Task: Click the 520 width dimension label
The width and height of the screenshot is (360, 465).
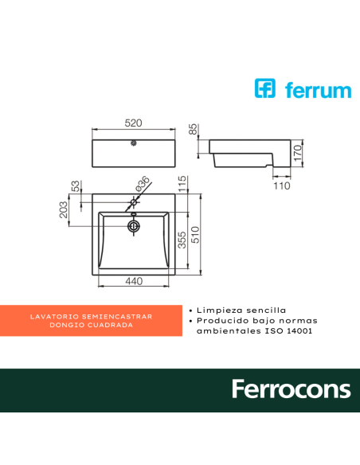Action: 133,123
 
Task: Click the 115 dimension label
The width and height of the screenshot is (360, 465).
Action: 182,184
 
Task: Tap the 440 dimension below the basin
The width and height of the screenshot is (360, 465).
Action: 132,281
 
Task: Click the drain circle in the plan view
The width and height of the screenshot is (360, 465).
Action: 133,227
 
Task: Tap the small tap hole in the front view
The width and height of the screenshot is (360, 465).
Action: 133,145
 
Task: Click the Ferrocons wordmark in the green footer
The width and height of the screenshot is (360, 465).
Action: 291,389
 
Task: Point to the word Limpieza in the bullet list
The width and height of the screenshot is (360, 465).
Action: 217,310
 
